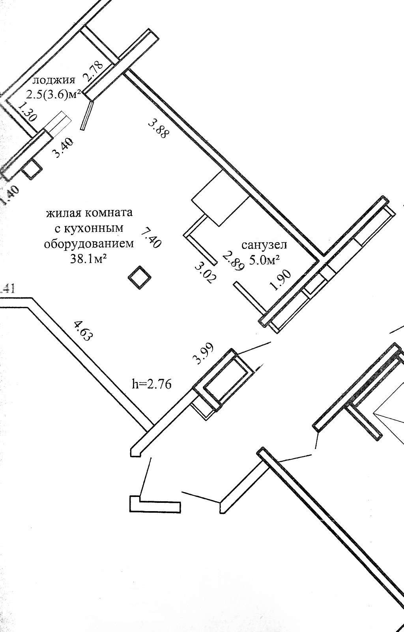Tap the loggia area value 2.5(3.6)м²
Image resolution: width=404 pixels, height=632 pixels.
[54, 94]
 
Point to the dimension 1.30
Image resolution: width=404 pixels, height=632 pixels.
[28, 113]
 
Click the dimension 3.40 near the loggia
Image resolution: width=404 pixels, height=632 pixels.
[63, 147]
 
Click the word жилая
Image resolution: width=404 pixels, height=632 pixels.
[65, 213]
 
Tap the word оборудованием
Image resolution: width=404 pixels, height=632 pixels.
[89, 244]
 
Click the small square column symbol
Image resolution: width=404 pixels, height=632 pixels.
[139, 278]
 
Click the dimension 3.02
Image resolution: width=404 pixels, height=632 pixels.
[205, 273]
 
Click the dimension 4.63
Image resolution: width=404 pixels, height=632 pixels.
[83, 331]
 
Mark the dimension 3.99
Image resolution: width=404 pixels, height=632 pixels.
[203, 353]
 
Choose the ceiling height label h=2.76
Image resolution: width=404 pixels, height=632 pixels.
[152, 384]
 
